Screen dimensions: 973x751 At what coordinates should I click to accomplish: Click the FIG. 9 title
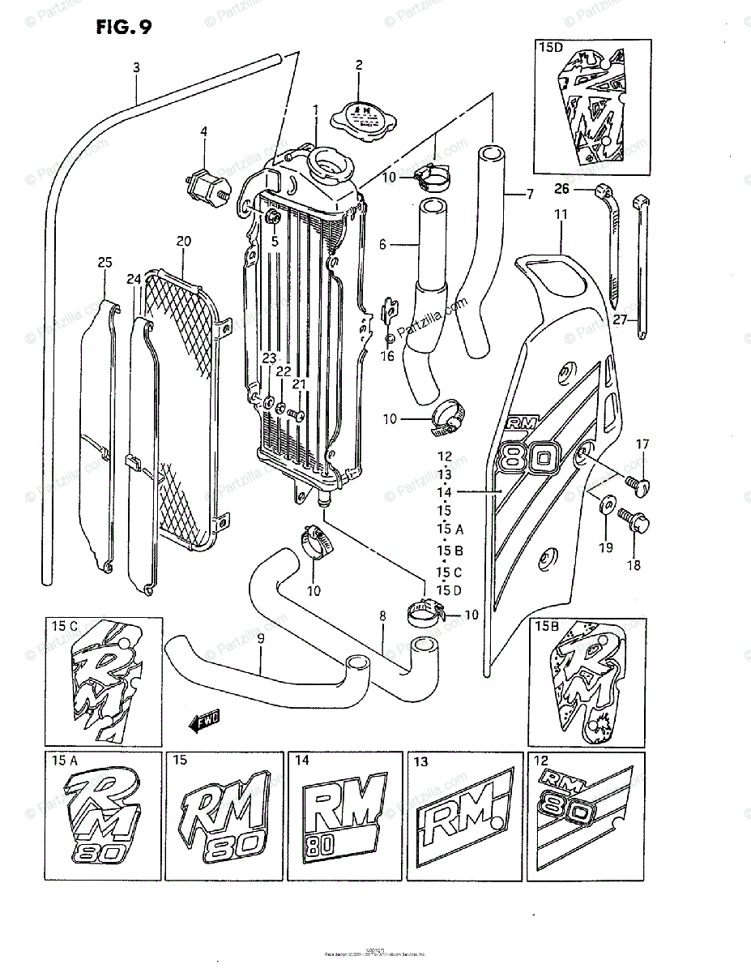[123, 28]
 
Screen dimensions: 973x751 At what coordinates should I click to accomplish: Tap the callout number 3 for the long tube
[136, 68]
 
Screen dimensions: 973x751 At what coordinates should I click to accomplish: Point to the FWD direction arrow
[205, 718]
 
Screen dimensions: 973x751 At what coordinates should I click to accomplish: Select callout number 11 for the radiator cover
[560, 214]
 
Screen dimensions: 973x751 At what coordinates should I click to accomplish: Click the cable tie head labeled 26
[601, 191]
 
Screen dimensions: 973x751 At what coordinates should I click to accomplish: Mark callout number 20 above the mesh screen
[183, 241]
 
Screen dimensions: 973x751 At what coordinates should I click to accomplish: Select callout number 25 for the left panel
[105, 262]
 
